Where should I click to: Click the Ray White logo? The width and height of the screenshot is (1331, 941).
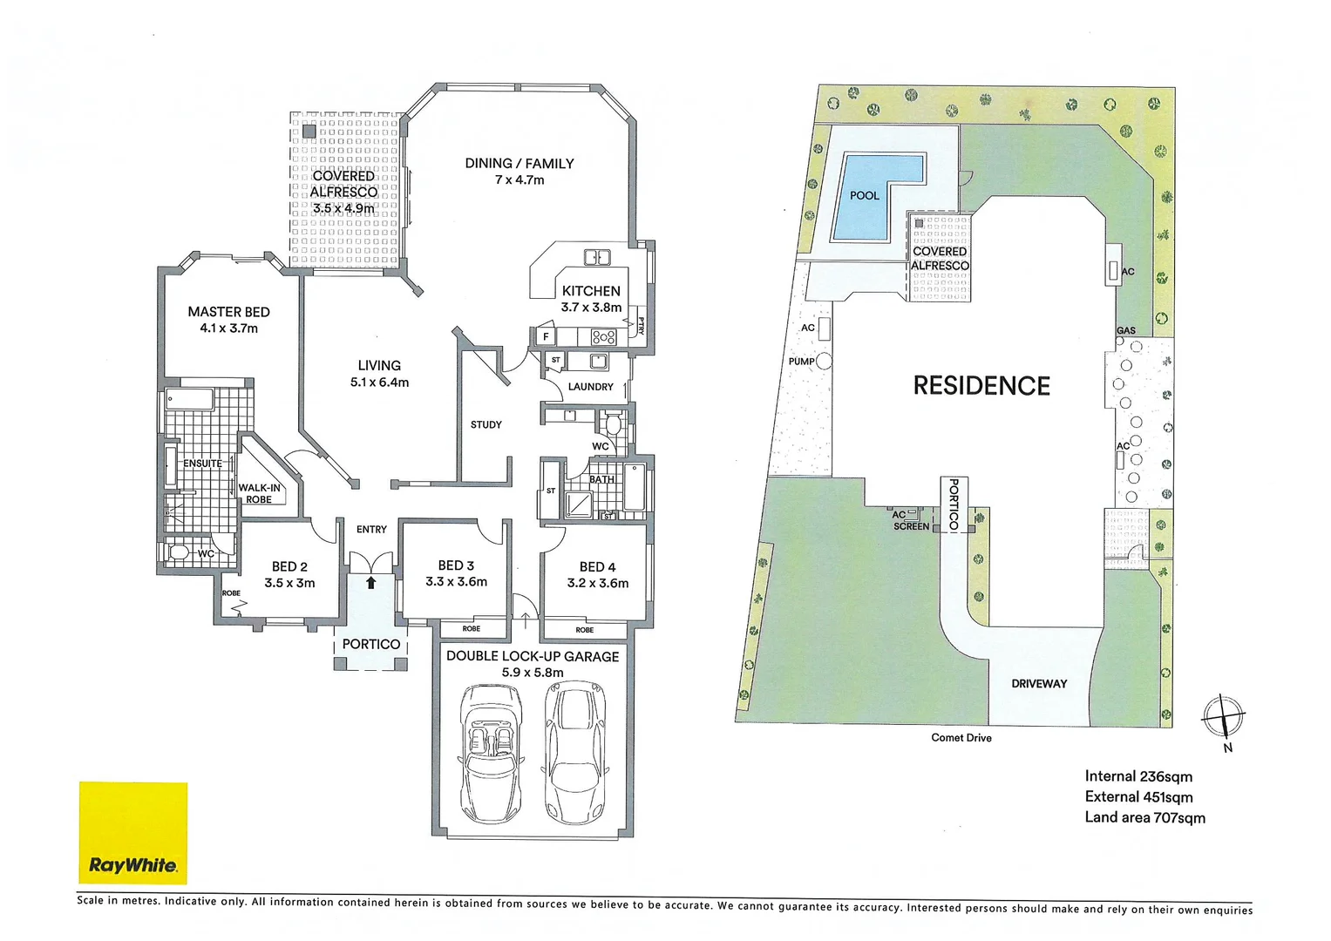coord(132,833)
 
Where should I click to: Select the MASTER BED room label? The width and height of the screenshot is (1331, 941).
coord(228,320)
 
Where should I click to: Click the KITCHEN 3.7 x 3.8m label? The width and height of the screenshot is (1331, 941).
coord(591,299)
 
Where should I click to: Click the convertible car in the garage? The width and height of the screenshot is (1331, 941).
coord(491,753)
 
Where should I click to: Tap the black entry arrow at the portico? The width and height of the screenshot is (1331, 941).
coord(370,583)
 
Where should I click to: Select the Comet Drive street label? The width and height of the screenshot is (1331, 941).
coord(961,738)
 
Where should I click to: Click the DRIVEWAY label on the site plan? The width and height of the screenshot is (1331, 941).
coord(1039,684)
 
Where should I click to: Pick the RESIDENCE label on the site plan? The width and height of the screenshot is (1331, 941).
coord(981,386)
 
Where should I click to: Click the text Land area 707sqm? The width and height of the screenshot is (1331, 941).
coord(1144,817)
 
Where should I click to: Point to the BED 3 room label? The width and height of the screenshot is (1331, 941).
coord(456,573)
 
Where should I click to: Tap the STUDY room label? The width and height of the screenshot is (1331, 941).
coord(486,425)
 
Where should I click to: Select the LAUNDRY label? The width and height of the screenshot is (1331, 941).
coord(590,387)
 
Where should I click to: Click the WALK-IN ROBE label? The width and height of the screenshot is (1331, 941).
coord(260,494)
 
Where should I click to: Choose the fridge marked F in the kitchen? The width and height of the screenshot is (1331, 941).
coord(546,336)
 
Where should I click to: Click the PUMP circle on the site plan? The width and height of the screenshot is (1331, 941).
coord(824,361)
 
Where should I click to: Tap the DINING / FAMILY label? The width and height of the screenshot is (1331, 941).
coord(519,171)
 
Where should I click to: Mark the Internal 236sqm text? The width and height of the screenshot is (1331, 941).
coord(1138,776)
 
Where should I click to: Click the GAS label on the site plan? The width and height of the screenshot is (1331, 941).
coord(1126,331)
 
